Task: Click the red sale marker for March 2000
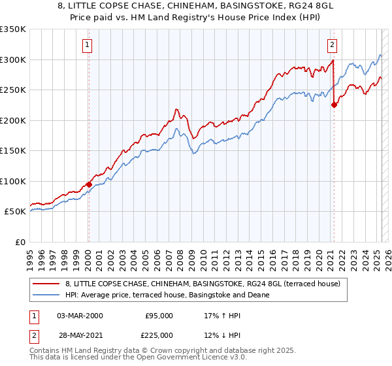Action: click(x=89, y=184)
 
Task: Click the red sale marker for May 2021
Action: click(x=334, y=105)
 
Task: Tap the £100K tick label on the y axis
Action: click(x=13, y=181)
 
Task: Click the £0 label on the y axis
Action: click(x=20, y=242)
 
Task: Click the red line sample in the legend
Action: click(x=46, y=284)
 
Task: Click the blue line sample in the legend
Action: click(x=46, y=295)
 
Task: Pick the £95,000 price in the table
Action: click(x=159, y=315)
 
